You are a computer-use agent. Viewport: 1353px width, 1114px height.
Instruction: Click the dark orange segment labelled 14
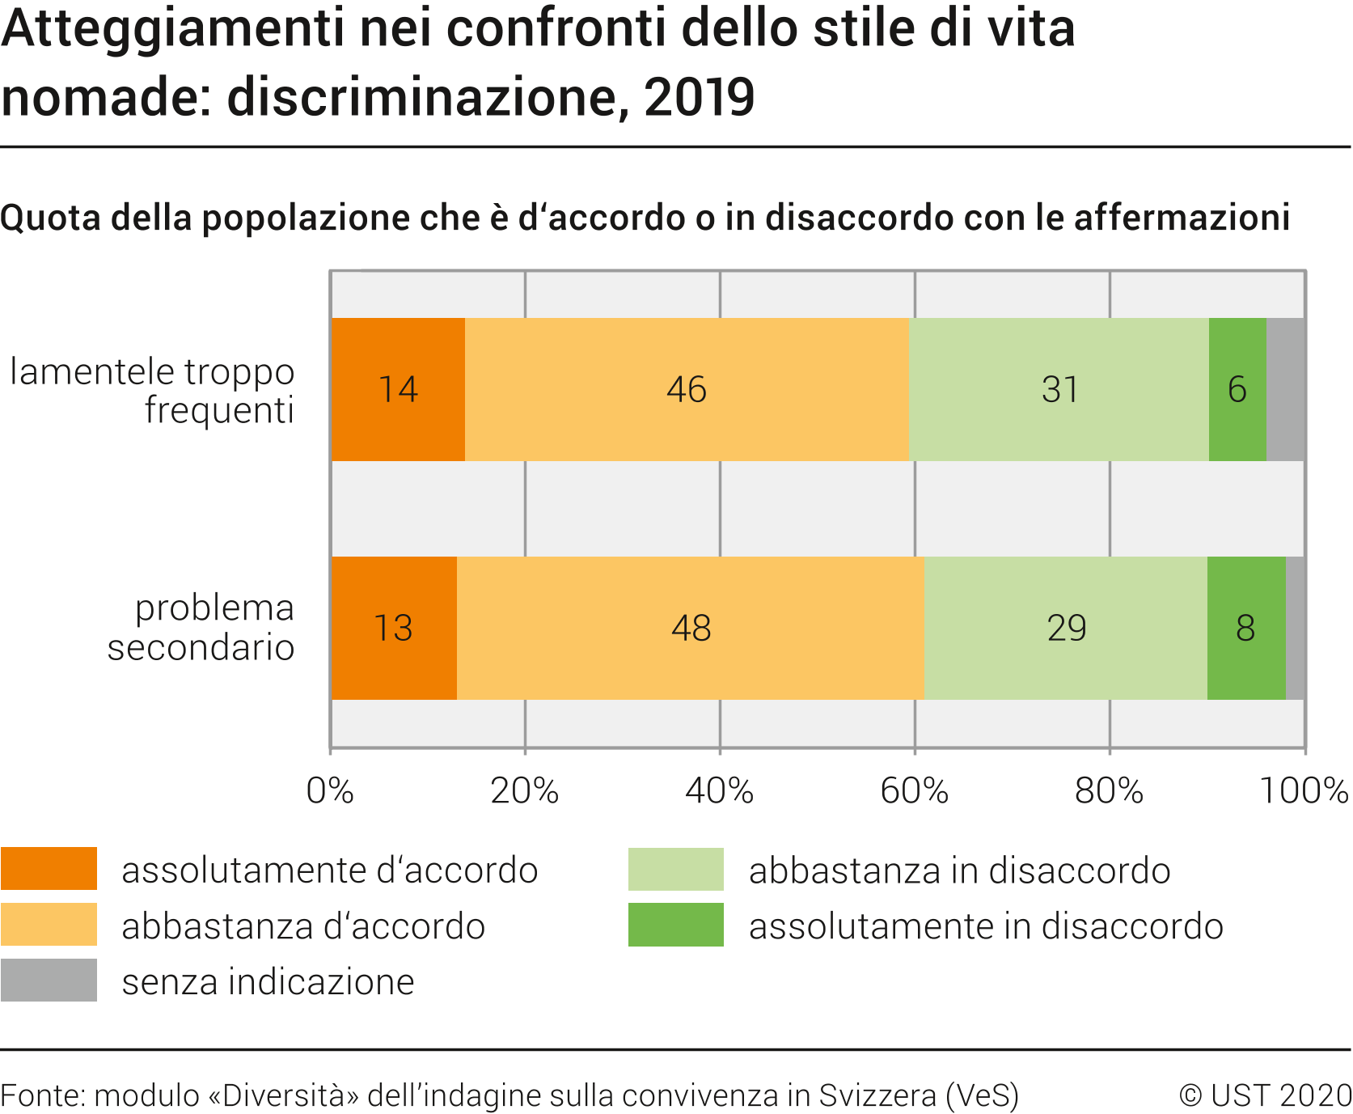(398, 389)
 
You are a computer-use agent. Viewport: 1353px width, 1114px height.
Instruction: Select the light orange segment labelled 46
(687, 389)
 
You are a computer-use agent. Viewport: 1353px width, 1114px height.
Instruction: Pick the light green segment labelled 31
(1059, 389)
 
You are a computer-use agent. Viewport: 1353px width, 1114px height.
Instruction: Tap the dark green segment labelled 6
(1237, 389)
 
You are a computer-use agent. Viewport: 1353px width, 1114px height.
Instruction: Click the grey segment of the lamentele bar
(1285, 389)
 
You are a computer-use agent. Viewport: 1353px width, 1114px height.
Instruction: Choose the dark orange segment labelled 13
(394, 628)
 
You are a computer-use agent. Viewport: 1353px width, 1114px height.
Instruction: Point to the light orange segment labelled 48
(691, 628)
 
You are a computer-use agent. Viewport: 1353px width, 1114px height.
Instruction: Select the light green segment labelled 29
(1066, 628)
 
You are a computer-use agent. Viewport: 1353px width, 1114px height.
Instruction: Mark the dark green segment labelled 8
(1245, 628)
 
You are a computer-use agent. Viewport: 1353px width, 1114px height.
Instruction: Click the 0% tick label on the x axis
(330, 790)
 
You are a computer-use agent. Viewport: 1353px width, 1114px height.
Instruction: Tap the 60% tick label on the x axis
(915, 790)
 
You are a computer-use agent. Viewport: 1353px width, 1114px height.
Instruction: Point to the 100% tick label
(1304, 790)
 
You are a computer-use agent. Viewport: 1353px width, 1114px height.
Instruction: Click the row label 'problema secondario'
(201, 628)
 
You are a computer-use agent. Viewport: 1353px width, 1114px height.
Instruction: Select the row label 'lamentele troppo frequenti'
(153, 391)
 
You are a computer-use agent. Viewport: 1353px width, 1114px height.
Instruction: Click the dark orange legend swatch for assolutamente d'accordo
(49, 869)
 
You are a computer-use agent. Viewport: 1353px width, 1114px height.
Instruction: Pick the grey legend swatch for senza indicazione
(49, 981)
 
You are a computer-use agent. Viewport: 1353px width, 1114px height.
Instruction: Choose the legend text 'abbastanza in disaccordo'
(959, 870)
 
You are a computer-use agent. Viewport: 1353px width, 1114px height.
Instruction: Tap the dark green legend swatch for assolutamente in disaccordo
(676, 925)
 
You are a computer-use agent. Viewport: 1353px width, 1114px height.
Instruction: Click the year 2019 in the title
(700, 97)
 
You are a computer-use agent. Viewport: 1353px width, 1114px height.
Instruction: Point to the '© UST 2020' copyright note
(1265, 1095)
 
